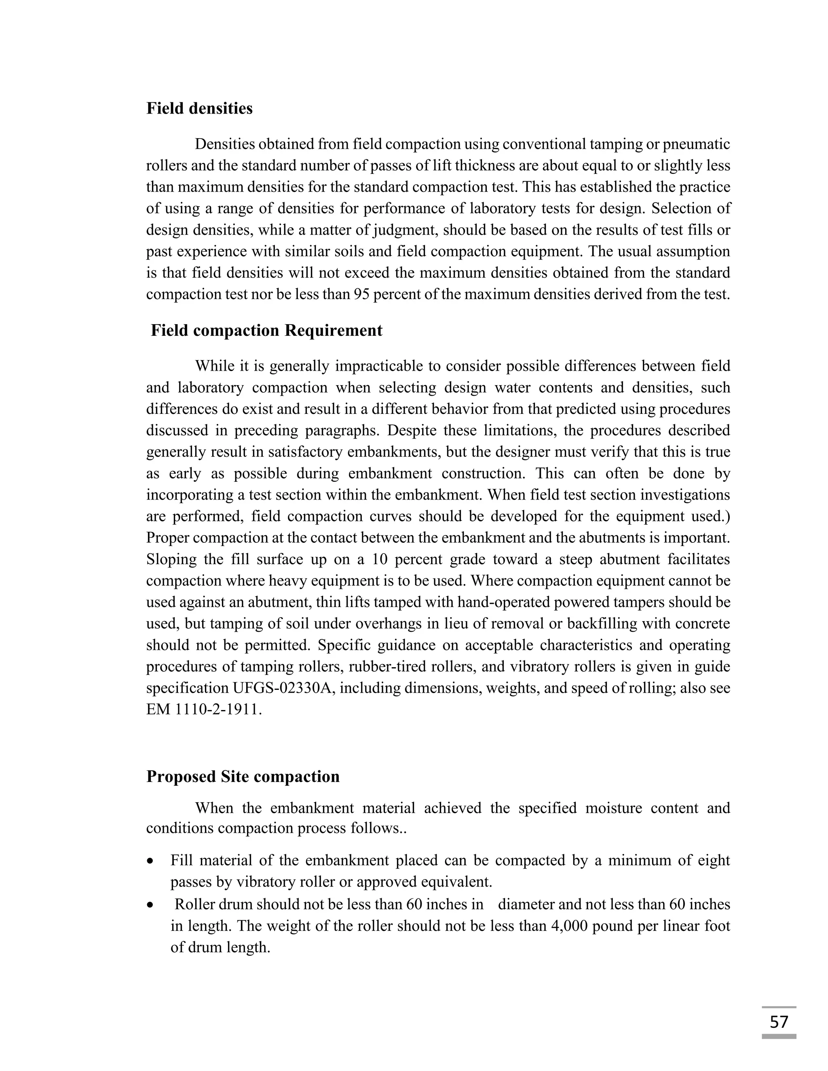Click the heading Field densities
[199, 108]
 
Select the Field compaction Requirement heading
[266, 331]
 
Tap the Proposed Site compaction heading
[243, 777]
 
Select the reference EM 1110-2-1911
[204, 710]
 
